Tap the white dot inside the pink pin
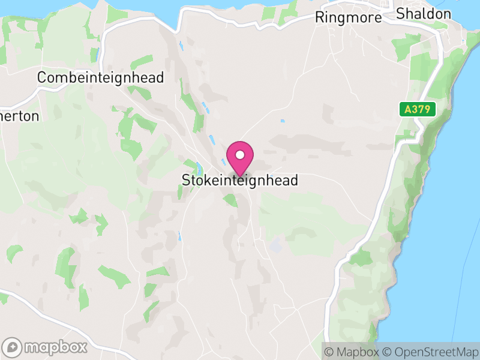click(x=240, y=155)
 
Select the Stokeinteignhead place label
click(x=240, y=181)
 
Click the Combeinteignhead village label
click(x=100, y=78)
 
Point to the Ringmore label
click(x=348, y=18)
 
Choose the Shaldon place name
click(x=423, y=14)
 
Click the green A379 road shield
click(x=418, y=109)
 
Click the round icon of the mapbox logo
click(x=13, y=347)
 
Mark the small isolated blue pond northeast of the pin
click(x=282, y=121)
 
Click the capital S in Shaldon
click(x=400, y=14)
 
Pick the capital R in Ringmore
click(x=320, y=18)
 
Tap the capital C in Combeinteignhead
click(x=41, y=78)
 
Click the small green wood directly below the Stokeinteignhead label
click(x=231, y=200)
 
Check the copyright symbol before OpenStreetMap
click(x=387, y=352)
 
